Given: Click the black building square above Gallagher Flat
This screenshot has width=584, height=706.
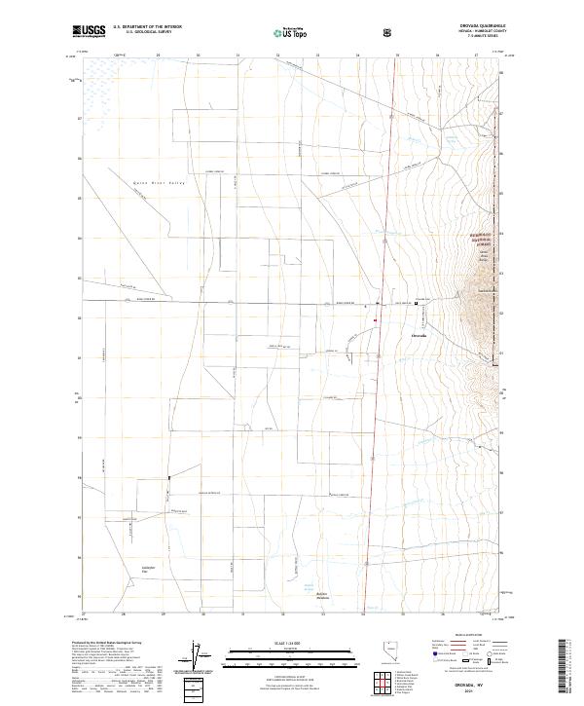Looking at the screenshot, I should tap(168, 477).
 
